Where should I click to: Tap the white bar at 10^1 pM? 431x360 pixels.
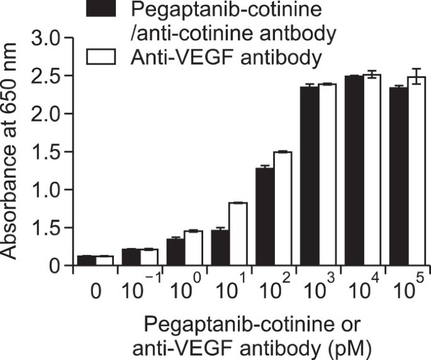click(238, 234)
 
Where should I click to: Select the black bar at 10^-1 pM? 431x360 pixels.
click(130, 257)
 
